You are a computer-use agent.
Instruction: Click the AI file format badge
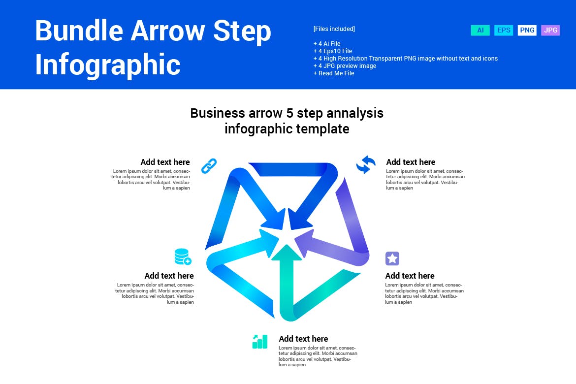tap(480, 31)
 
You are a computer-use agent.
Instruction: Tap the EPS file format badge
tap(504, 31)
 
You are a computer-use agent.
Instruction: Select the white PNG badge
tap(527, 31)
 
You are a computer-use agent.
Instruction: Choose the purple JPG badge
tap(550, 31)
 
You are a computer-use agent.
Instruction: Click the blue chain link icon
tap(209, 166)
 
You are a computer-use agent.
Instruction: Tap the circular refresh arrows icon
tap(366, 164)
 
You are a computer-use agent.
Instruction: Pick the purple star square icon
tap(392, 258)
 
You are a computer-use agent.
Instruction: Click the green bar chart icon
tap(260, 342)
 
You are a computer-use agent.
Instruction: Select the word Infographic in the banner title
tap(108, 64)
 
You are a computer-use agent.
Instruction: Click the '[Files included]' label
tap(334, 29)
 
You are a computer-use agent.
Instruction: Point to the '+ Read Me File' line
tap(334, 73)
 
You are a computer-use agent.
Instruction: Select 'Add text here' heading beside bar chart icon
tap(303, 339)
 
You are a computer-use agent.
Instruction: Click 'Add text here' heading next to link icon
tap(165, 162)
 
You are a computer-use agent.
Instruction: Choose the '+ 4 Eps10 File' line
tap(333, 51)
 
